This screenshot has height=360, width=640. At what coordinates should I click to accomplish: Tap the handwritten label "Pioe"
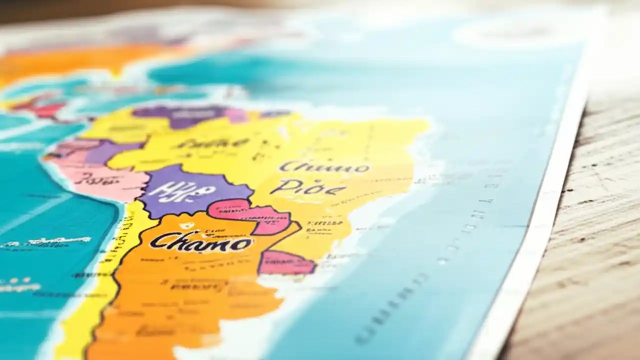coord(307,188)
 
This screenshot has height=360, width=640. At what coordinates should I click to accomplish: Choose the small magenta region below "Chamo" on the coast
coord(285,262)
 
